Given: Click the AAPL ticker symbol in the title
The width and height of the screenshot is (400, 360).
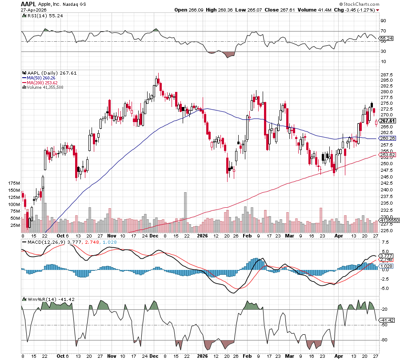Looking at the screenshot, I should pyautogui.click(x=29, y=4).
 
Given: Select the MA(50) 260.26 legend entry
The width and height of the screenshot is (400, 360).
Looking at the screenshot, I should pyautogui.click(x=40, y=78).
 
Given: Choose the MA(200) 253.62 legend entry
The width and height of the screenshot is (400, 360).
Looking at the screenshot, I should pyautogui.click(x=41, y=83).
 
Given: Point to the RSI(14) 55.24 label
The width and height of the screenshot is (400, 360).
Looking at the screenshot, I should pyautogui.click(x=39, y=16).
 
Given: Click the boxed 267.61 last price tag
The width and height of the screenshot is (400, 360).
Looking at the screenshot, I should pyautogui.click(x=388, y=121).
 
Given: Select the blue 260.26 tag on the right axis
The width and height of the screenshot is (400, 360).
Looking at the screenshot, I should pyautogui.click(x=388, y=138).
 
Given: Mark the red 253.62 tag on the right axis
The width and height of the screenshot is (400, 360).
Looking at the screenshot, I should pyautogui.click(x=388, y=154).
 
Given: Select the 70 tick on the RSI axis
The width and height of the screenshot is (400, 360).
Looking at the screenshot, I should pyautogui.click(x=383, y=31).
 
